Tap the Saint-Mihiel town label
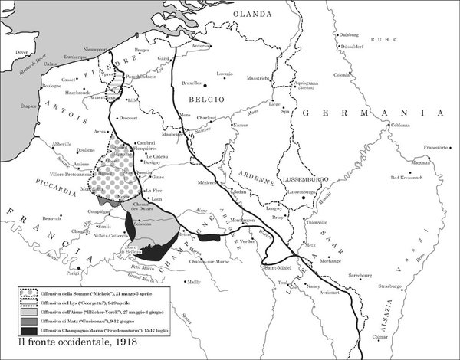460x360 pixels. click(277, 267)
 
